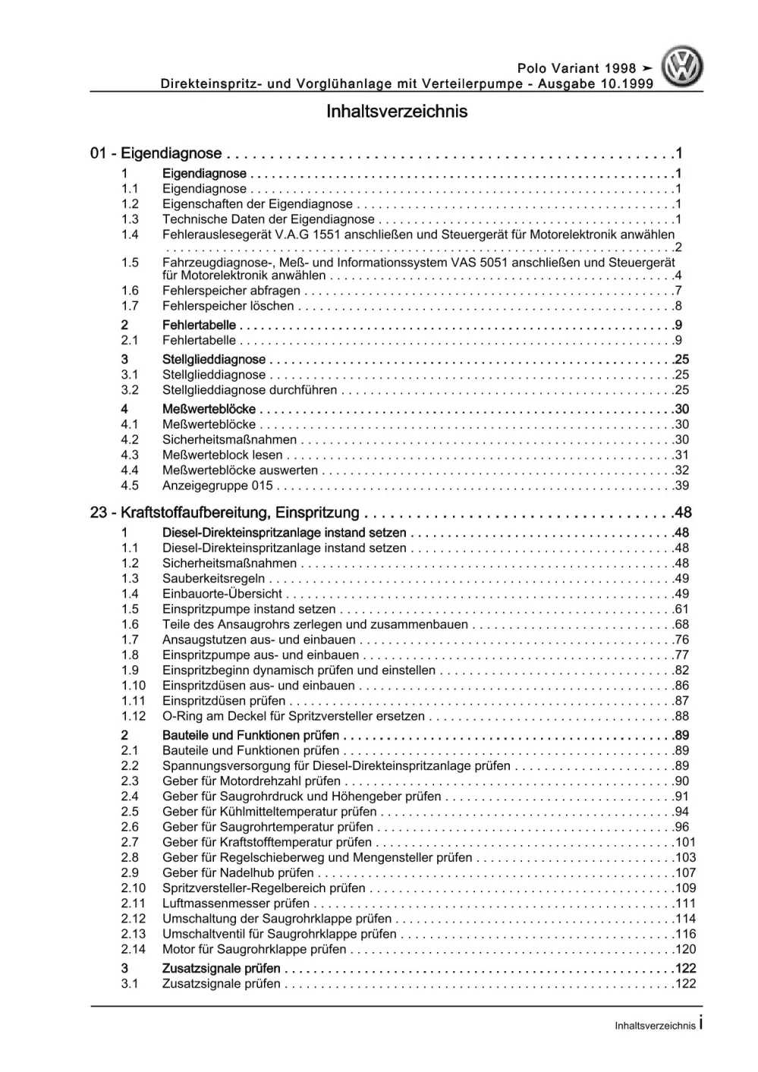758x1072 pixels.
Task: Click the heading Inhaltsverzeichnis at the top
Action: [397, 112]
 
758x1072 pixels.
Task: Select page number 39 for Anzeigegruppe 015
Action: [681, 486]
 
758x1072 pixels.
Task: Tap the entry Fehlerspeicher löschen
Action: [228, 306]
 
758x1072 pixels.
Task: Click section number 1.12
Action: [133, 716]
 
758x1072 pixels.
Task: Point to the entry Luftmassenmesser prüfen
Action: [236, 904]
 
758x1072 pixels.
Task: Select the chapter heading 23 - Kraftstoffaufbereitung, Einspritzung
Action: [225, 513]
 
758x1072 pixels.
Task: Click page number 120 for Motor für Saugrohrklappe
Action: [685, 949]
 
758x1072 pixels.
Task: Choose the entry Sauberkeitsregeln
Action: [213, 579]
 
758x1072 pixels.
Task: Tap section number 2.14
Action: [133, 949]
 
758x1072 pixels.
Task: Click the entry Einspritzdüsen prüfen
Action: [224, 701]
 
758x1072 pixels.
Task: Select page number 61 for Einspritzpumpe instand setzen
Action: [681, 609]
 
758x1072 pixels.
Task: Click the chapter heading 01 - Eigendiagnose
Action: [156, 154]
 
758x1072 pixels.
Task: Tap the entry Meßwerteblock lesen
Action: [222, 455]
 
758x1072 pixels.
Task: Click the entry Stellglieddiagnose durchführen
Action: [250, 390]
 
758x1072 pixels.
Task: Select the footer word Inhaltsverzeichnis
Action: [655, 1026]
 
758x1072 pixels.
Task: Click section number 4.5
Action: [130, 486]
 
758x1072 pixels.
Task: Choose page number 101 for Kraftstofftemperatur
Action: [685, 842]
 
